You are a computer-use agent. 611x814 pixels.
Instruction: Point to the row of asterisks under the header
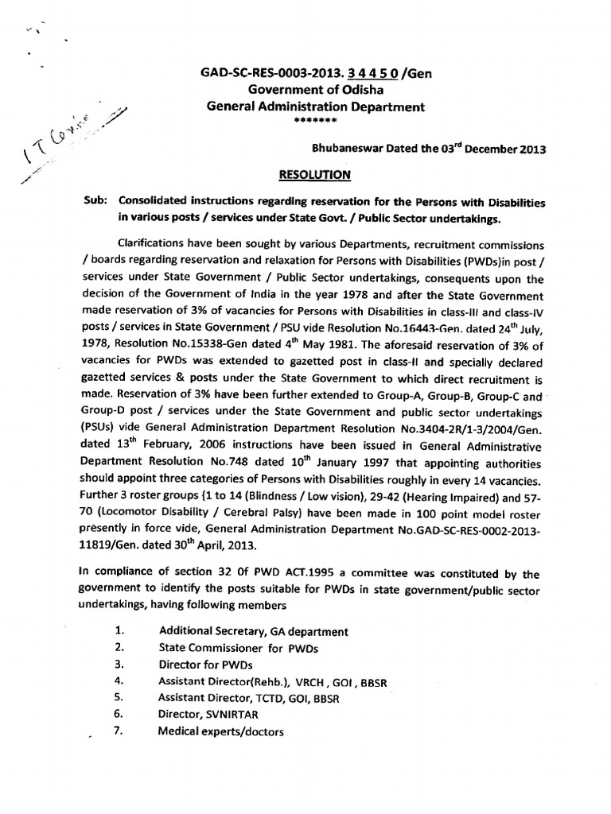click(316, 121)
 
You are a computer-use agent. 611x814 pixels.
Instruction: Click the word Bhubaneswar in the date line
click(346, 148)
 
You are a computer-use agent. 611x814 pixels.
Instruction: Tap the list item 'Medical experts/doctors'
click(220, 731)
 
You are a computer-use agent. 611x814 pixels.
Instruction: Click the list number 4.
click(119, 681)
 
